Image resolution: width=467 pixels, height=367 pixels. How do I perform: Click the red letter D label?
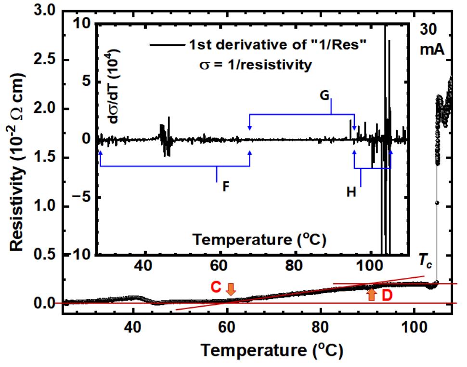[x=387, y=296]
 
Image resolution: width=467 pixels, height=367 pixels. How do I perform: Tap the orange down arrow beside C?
[x=231, y=289]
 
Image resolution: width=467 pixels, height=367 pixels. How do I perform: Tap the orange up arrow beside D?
[x=371, y=294]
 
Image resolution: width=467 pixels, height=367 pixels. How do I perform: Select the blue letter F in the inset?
[x=225, y=187]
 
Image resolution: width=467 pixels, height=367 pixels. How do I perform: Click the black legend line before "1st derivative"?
[x=165, y=45]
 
